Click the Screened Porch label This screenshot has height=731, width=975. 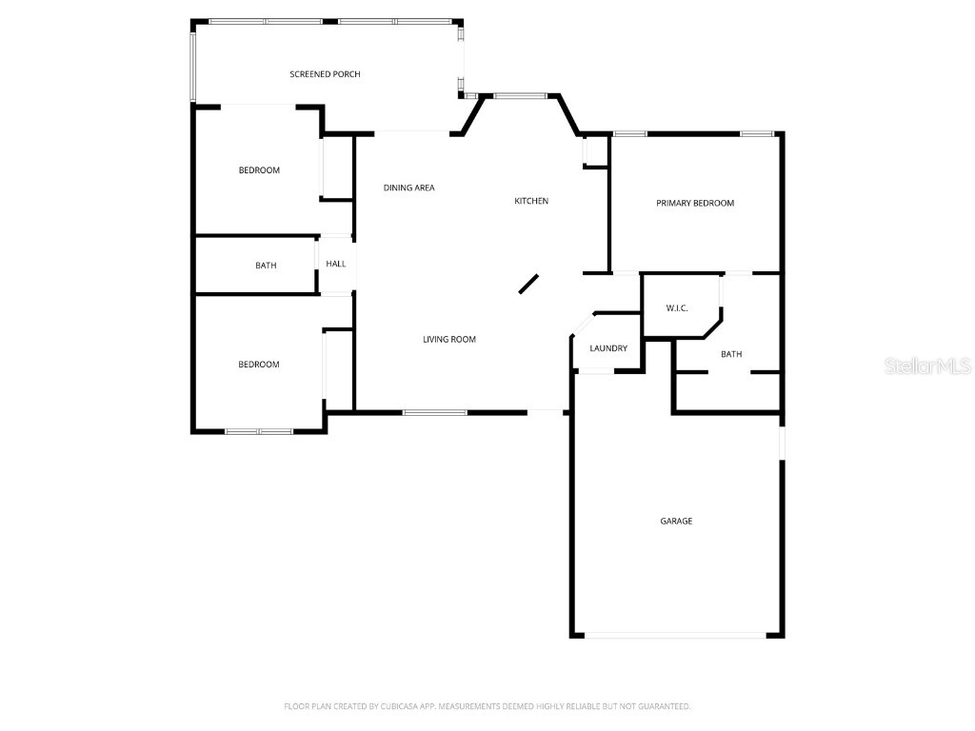(x=325, y=74)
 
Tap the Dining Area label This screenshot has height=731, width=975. (x=408, y=188)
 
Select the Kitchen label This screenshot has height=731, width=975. (x=531, y=201)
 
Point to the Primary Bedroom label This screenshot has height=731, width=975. (x=695, y=203)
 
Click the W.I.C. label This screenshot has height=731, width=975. (x=677, y=308)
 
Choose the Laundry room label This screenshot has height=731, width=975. (x=608, y=348)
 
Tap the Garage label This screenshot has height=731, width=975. (x=676, y=521)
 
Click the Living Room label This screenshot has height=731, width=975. (x=449, y=340)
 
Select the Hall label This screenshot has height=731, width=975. (x=336, y=264)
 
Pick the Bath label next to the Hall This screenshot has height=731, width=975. (x=266, y=266)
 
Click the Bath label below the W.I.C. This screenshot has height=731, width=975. (x=731, y=354)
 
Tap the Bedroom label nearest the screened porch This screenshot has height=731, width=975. (x=259, y=170)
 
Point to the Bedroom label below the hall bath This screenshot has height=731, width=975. (x=259, y=365)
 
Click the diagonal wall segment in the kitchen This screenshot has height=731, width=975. (x=529, y=284)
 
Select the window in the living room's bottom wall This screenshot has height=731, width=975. (x=435, y=412)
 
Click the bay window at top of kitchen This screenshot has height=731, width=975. (x=520, y=95)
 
